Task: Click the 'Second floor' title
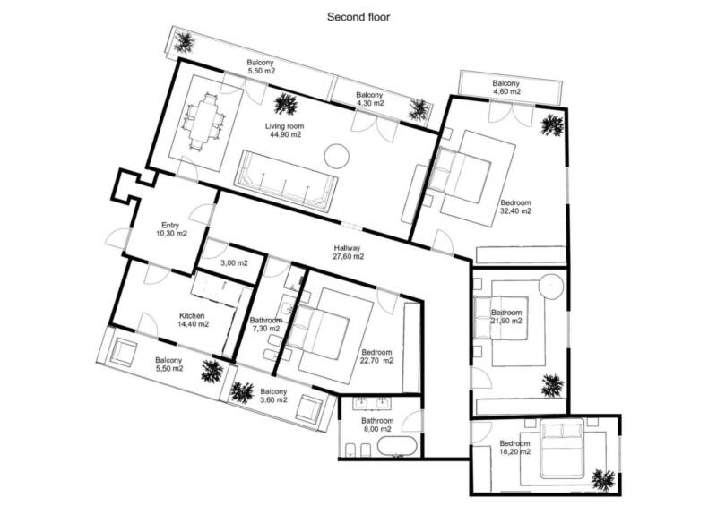pos(358,17)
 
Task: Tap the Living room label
pos(284,126)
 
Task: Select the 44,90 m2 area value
pos(286,134)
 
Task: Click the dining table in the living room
pos(203,121)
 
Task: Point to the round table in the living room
pos(337,156)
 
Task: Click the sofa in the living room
pos(287,181)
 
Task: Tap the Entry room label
pos(170,226)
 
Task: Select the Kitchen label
pos(192,316)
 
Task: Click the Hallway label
pos(347,248)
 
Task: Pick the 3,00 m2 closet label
pos(234,263)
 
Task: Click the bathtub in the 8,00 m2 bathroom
pos(398,447)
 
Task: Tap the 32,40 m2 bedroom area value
pos(516,211)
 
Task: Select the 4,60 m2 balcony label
pos(506,91)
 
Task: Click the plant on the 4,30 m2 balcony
pos(419,109)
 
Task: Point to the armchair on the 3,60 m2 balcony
pos(309,409)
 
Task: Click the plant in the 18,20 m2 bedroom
pos(602,480)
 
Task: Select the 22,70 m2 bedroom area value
pos(377,361)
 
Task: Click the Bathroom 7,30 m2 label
pos(265,324)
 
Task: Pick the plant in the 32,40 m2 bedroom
pos(552,124)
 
